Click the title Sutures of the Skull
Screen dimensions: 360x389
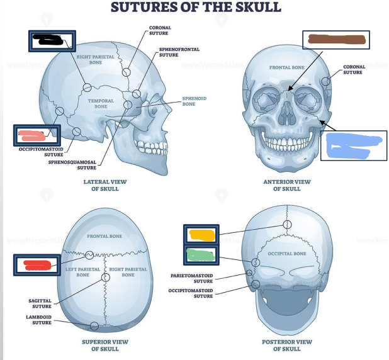(195, 8)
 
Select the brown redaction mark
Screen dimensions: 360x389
(335, 40)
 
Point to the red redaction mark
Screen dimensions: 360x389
(38, 265)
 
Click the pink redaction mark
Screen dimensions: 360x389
(33, 134)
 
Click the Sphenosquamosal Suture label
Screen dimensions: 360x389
(72, 165)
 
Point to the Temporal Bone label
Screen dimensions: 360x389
(101, 104)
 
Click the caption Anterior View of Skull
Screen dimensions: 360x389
(287, 185)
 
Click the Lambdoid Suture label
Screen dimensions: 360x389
(38, 320)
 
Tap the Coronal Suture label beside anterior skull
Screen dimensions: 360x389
(354, 69)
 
